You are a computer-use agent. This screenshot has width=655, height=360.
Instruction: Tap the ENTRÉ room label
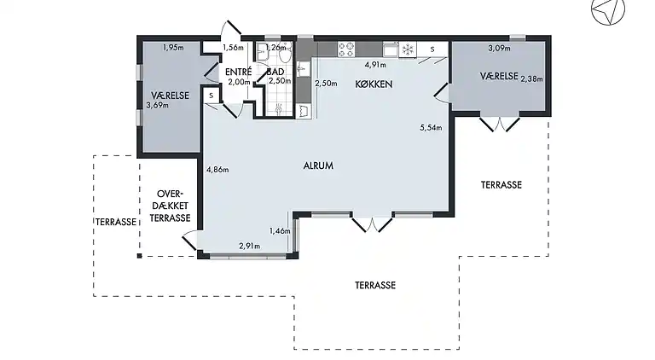[x=238, y=72]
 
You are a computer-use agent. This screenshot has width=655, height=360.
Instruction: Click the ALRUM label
[x=318, y=165]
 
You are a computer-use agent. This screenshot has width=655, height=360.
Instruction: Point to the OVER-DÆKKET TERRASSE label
[x=170, y=206]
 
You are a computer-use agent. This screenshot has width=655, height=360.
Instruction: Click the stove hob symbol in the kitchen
[x=346, y=49]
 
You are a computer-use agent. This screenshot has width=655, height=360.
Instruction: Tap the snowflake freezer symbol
[x=408, y=49]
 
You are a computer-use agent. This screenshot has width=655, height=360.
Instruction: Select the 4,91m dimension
[x=376, y=64]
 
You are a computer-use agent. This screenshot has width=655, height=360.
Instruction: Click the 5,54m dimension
[x=432, y=128]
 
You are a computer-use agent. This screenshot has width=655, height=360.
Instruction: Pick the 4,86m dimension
[x=219, y=169]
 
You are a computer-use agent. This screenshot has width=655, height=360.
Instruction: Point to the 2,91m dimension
[x=248, y=246]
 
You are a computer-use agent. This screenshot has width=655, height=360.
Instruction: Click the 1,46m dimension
[x=280, y=231]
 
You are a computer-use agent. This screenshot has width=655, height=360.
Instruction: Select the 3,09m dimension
[x=499, y=49]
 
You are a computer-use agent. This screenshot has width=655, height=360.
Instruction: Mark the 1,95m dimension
[x=173, y=47]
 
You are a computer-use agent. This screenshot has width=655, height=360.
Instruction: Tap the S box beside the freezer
[x=432, y=49]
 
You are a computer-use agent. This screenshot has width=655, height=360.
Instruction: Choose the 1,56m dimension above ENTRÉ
[x=233, y=48]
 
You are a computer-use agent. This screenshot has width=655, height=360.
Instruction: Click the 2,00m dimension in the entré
[x=239, y=82]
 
